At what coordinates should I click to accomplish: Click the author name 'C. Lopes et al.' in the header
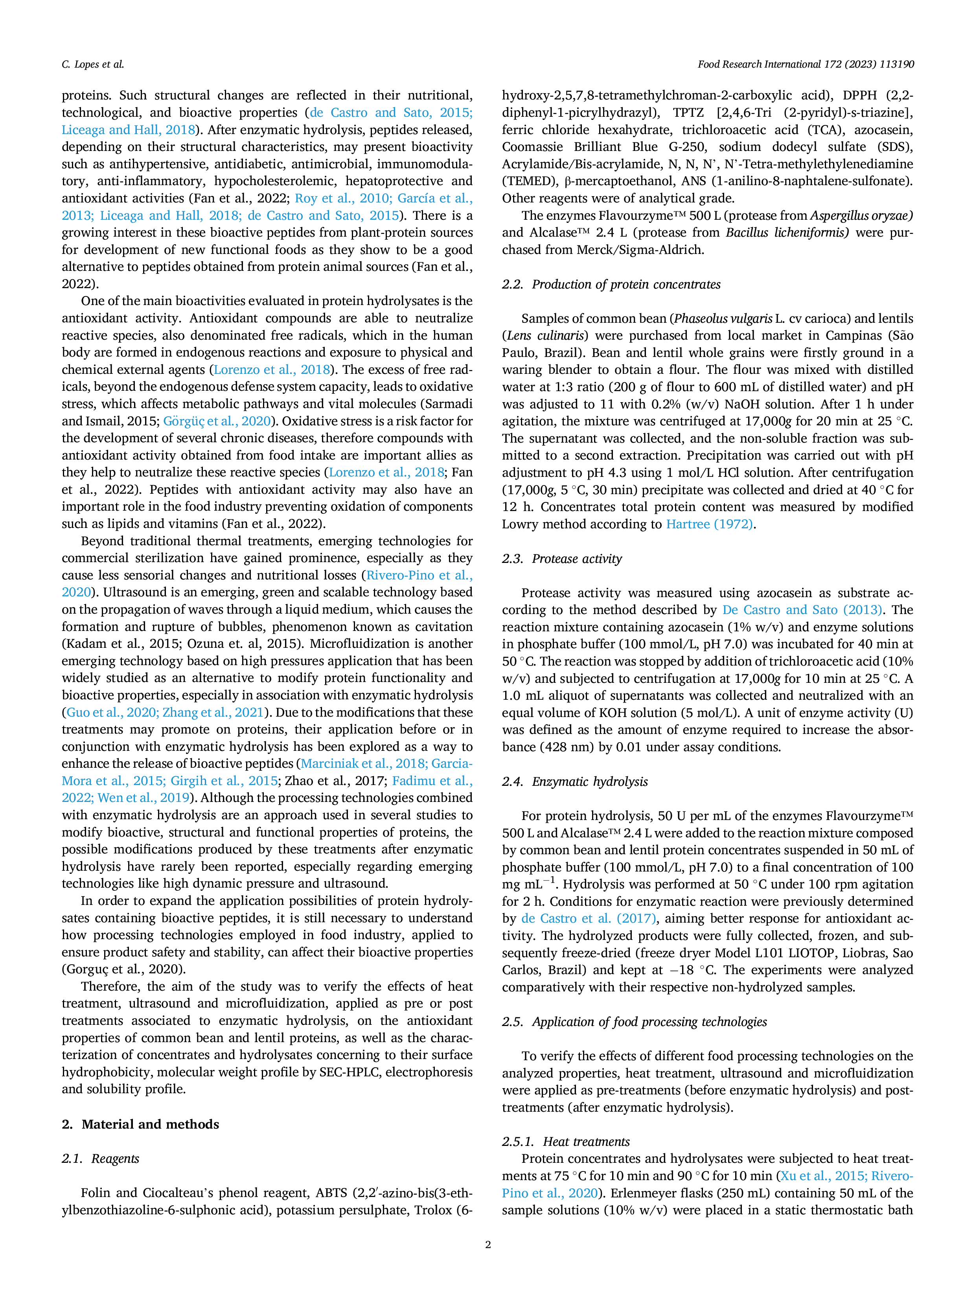tap(93, 64)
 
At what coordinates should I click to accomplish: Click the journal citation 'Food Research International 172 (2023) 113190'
tap(805, 64)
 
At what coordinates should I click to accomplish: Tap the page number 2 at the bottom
tap(488, 1244)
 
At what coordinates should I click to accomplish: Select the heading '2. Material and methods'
tap(140, 1124)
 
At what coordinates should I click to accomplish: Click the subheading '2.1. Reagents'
tap(101, 1159)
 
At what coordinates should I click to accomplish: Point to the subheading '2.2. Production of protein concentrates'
tap(611, 285)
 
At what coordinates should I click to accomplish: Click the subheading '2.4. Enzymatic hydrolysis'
tap(575, 781)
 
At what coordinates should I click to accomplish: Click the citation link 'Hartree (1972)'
tap(709, 524)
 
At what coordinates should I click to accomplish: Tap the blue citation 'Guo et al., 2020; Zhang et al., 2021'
tap(165, 713)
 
